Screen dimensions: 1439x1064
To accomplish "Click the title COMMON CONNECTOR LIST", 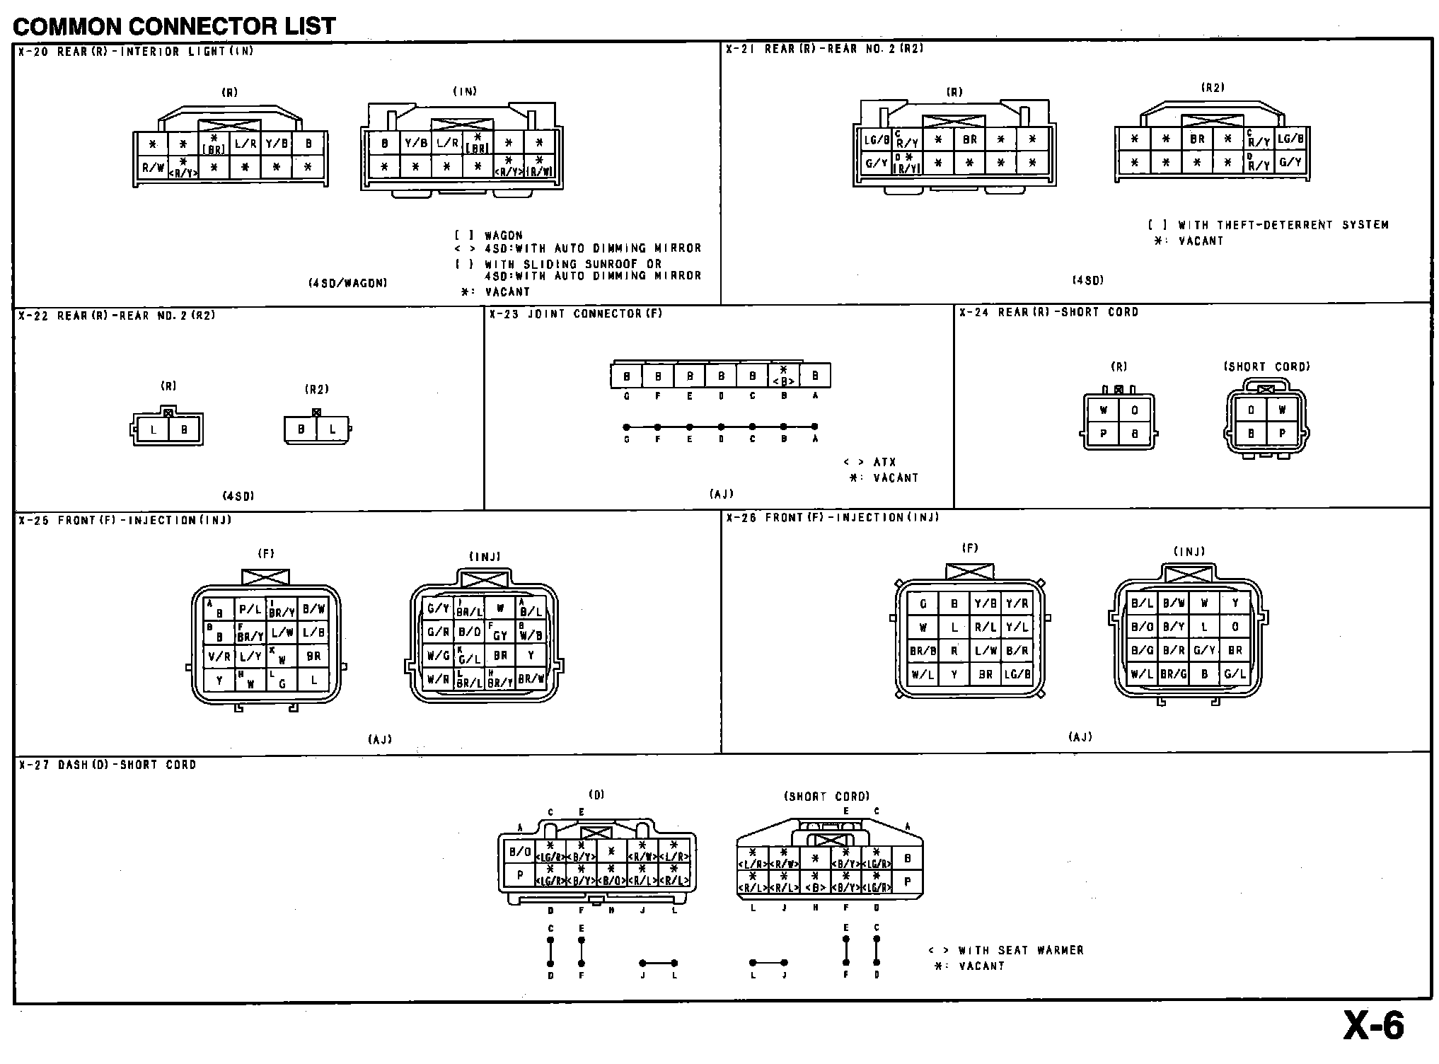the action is coord(174,26).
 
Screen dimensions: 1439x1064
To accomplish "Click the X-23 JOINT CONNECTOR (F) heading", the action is coord(575,314).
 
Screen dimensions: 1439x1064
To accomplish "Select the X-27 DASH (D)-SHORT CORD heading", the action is coord(107,765).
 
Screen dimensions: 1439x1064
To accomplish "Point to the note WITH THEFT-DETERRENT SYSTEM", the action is coord(1283,225).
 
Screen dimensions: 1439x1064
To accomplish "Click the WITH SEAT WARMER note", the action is coord(1020,950).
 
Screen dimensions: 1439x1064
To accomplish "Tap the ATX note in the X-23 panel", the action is coord(884,462).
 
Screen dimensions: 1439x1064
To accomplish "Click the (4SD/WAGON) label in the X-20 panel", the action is coord(347,282).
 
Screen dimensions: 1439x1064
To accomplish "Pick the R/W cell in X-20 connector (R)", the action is coord(153,168).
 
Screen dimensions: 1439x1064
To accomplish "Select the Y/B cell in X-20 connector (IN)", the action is coord(416,143).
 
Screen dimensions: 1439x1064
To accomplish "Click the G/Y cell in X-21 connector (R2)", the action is coord(1290,162).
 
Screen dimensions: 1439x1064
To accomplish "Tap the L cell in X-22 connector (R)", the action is coord(153,429).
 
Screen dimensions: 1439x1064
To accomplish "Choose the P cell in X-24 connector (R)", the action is coord(1103,434).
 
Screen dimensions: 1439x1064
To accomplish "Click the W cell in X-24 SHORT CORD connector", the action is coord(1281,410).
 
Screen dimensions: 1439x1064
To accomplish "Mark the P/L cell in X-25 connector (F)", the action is coord(250,608).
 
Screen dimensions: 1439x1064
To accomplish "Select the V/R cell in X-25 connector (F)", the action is coord(219,657).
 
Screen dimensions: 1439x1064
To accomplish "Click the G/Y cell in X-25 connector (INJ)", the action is coord(438,608).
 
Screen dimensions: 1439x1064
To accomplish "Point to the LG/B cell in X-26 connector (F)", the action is coord(1017,674).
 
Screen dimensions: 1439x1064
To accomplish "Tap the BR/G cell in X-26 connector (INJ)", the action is coord(1173,674).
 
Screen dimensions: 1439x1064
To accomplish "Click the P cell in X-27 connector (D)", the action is coord(520,875).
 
